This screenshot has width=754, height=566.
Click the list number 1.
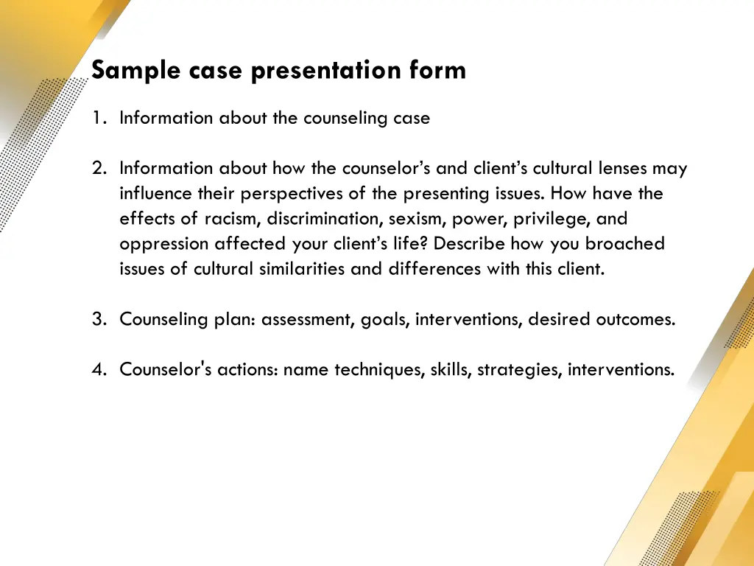pyautogui.click(x=98, y=118)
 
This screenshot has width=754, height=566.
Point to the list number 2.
pyautogui.click(x=98, y=169)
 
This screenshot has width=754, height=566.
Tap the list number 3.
pyautogui.click(x=98, y=319)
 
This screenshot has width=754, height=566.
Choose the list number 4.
pyautogui.click(x=98, y=369)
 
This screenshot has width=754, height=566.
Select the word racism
pyautogui.click(x=232, y=219)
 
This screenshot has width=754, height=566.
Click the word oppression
pyautogui.click(x=164, y=244)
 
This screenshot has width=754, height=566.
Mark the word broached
pyautogui.click(x=624, y=244)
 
